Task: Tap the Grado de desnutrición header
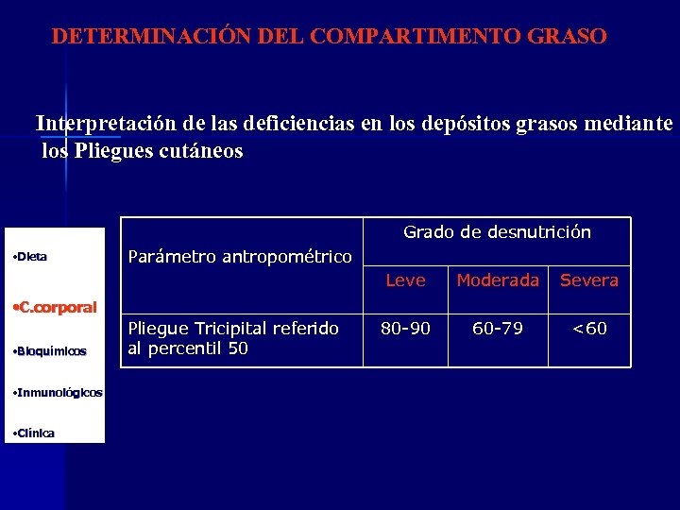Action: pos(497,232)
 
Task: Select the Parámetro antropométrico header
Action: pos(239,257)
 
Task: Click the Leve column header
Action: pos(405,280)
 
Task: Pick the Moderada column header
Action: pos(498,280)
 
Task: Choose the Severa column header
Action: pos(589,280)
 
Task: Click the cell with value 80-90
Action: pos(405,329)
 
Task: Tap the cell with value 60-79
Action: pos(498,329)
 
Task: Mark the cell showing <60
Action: pos(589,329)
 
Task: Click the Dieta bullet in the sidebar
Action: pos(32,257)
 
